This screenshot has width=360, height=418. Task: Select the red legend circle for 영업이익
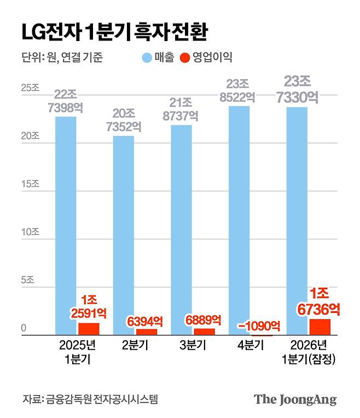coord(185,57)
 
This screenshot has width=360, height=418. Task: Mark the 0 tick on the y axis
coord(25,328)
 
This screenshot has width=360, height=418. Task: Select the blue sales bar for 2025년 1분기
coord(66,224)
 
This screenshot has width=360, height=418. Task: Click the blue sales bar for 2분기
coord(123,235)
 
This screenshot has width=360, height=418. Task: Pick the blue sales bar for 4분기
coord(239,219)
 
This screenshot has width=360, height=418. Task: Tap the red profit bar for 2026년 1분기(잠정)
coord(320,327)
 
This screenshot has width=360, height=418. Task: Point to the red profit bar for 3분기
coord(204,332)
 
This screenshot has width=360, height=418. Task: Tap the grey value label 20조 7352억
coord(123,119)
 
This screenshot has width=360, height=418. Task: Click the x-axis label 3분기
coord(193,346)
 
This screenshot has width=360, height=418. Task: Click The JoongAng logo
coord(295,399)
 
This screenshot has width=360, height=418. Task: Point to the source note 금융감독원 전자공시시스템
coord(90,399)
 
